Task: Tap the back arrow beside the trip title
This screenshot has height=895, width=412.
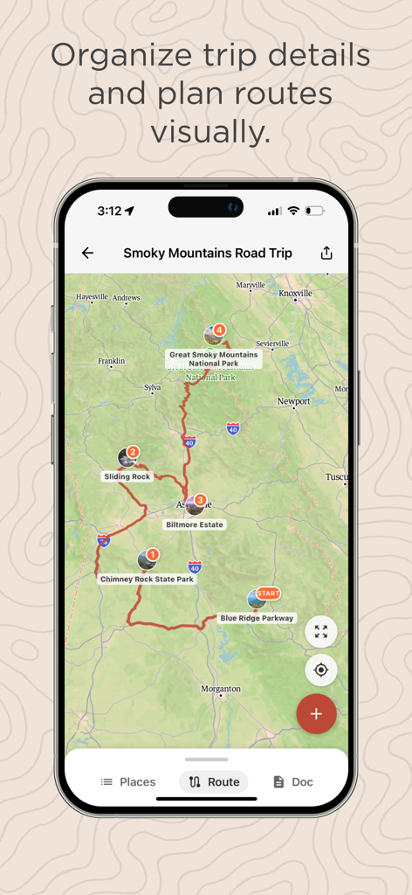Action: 87,253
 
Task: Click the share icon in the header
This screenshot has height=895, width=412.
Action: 326,253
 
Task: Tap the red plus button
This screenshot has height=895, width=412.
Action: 316,713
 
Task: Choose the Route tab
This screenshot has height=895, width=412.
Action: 214,781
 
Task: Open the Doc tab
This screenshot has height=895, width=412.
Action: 292,781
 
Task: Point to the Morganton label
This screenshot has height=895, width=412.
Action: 221,689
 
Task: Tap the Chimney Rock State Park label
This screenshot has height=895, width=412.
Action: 148,579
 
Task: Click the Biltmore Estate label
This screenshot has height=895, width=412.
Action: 195,524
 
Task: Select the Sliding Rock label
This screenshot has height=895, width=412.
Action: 128,476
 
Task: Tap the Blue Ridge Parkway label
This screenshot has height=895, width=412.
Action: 257,618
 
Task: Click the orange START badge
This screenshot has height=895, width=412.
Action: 268,593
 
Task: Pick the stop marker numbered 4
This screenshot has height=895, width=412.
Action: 219,330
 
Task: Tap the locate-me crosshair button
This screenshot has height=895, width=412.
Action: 320,670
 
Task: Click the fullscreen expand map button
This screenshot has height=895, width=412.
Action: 320,631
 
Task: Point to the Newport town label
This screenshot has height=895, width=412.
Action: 293,401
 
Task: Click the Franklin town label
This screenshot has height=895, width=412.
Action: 111,360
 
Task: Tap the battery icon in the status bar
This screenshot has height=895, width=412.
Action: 314,211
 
